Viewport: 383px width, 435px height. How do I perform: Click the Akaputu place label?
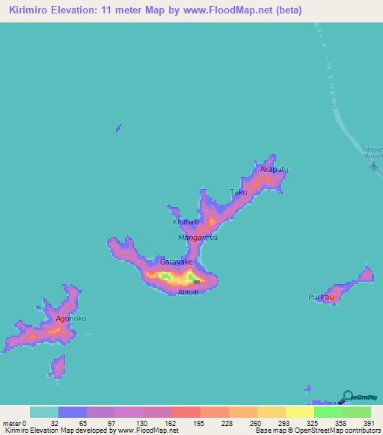pos(273,170)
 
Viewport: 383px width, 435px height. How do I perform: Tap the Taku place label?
pos(238,193)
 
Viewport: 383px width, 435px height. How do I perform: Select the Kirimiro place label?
pos(186,223)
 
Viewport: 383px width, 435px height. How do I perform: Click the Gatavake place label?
pos(177,262)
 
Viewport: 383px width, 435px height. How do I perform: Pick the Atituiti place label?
pos(188,291)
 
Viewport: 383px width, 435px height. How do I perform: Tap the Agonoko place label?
pos(71,318)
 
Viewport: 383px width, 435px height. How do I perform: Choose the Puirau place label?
pos(320,297)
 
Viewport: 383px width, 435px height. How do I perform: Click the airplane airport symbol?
pos(373,166)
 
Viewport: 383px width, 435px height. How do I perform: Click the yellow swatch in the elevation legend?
pos(299,412)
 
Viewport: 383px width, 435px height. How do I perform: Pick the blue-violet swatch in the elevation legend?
pos(73,412)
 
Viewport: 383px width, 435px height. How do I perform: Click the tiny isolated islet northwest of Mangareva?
pos(117,129)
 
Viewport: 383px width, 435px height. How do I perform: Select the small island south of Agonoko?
pos(58,366)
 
